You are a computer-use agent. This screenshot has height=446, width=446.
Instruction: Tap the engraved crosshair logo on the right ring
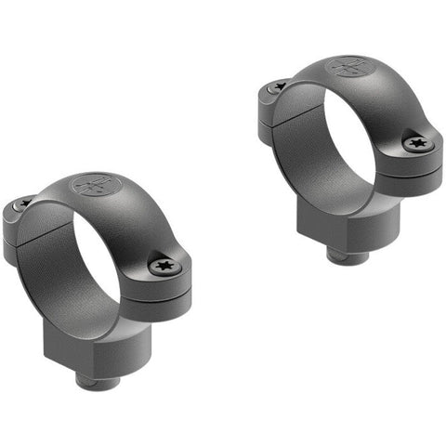[348, 67]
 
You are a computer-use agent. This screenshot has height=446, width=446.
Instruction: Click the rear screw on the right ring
[278, 86]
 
